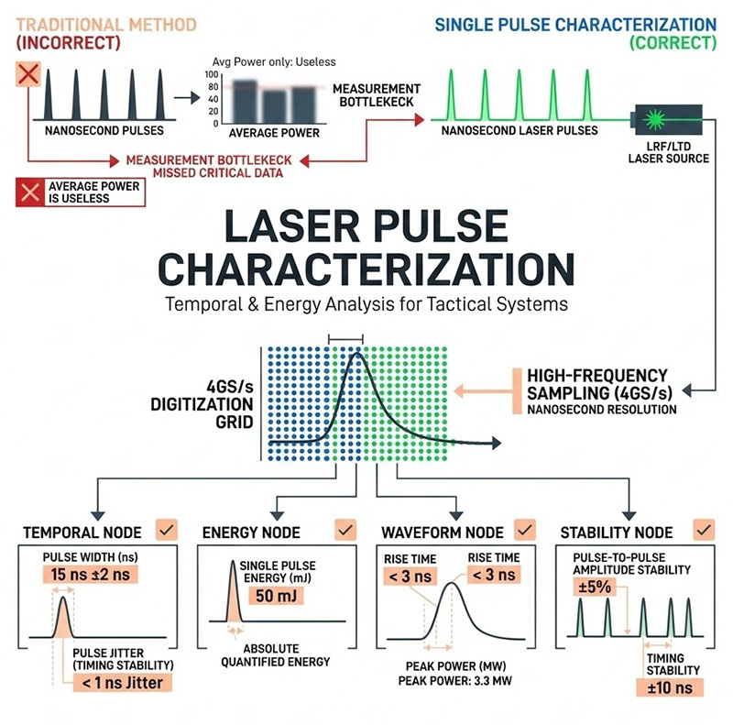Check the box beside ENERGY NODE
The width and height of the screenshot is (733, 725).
(x=345, y=529)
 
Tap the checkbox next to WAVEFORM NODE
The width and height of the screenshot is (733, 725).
(x=523, y=529)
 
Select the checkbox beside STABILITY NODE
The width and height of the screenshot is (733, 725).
(x=703, y=529)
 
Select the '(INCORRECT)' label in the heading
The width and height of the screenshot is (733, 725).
(x=69, y=42)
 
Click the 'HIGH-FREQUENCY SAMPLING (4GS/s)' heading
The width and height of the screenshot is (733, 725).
(x=597, y=383)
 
